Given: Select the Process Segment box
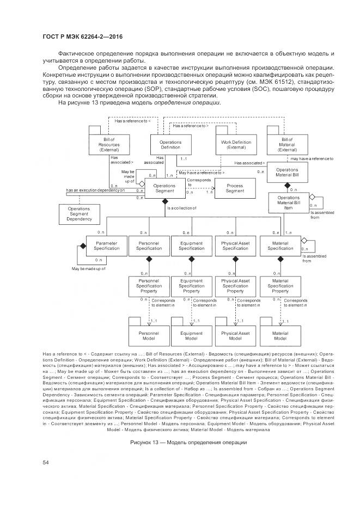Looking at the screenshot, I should [235, 188].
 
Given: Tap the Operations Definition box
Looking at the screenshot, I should [170, 144].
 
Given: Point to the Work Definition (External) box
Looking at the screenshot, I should [236, 144].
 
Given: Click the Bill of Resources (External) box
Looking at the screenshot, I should [105, 144].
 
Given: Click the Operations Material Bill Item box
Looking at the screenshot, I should [289, 203].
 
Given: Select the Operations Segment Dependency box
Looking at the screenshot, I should [80, 214].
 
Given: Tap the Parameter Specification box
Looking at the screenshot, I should [107, 246].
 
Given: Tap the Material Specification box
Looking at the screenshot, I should [280, 246].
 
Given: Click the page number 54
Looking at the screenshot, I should [46, 462].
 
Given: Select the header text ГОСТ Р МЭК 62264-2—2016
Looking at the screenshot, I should [82, 36].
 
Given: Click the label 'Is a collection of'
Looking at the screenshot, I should [181, 208].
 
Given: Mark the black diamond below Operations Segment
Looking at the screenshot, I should [164, 202].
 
